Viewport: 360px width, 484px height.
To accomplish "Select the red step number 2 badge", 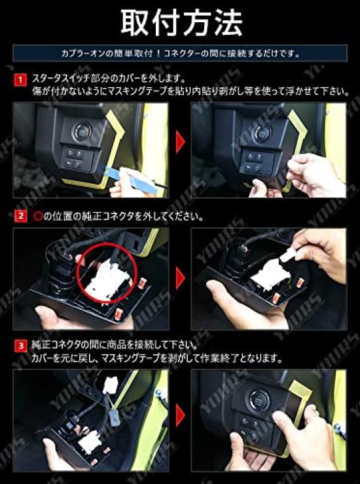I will (20, 216).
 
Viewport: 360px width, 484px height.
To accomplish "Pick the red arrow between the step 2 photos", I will (180, 277).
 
